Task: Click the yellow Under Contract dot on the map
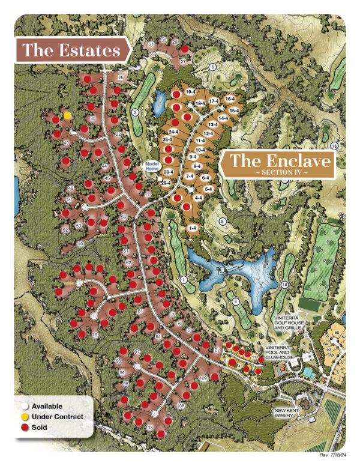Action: [67, 114]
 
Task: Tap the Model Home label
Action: [151, 166]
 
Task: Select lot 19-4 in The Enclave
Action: [191, 91]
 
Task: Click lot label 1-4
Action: [193, 228]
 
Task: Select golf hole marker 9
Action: [235, 301]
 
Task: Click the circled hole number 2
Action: [136, 112]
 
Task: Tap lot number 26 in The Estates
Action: [121, 77]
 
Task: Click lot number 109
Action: [202, 378]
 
